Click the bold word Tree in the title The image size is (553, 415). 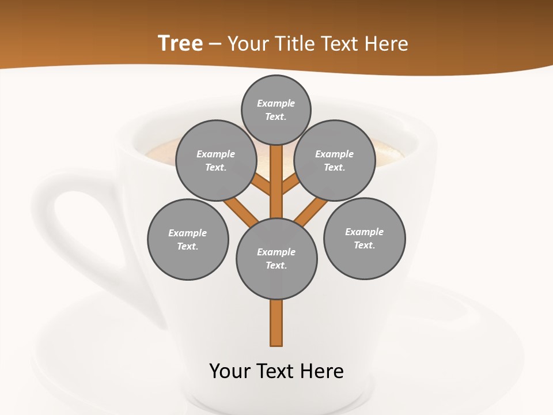(180, 43)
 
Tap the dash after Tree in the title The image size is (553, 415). (215, 44)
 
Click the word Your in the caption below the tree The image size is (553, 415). (230, 371)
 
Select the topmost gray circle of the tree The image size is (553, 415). (276, 110)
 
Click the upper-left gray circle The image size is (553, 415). (215, 160)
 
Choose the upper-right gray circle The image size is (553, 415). (335, 160)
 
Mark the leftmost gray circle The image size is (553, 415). (188, 239)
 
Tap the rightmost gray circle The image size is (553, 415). (364, 239)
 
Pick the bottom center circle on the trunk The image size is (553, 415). (276, 259)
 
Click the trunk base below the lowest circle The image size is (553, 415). (276, 323)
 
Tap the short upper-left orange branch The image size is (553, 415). (263, 186)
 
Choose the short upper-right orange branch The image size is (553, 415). (290, 186)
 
